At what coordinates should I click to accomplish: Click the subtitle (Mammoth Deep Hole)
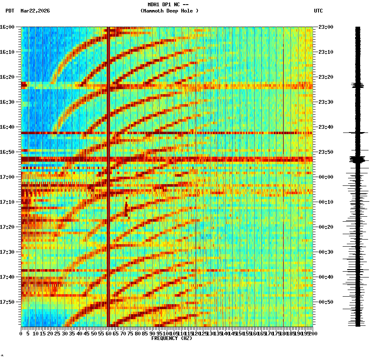[x=169, y=11]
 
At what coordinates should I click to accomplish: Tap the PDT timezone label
[x=10, y=11]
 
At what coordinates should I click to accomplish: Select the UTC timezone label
[x=318, y=11]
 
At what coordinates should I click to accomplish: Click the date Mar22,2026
[x=35, y=11]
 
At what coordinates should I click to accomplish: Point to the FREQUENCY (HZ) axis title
[x=171, y=338]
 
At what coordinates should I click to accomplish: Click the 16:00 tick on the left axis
[x=7, y=27]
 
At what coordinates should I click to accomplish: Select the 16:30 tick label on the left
[x=7, y=102]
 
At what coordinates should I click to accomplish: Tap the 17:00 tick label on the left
[x=7, y=177]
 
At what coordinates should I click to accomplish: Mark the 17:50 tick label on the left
[x=7, y=302]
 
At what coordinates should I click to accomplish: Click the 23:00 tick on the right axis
[x=326, y=27]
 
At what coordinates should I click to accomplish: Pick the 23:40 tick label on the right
[x=326, y=127]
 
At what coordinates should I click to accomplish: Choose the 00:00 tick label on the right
[x=326, y=177]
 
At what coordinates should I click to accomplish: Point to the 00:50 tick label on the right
[x=326, y=302]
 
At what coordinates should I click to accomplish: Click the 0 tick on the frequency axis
[x=21, y=334]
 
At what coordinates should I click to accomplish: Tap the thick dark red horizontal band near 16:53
[x=167, y=159]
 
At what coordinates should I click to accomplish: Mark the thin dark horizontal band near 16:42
[x=167, y=133]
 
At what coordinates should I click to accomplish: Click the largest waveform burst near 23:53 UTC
[x=357, y=159]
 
